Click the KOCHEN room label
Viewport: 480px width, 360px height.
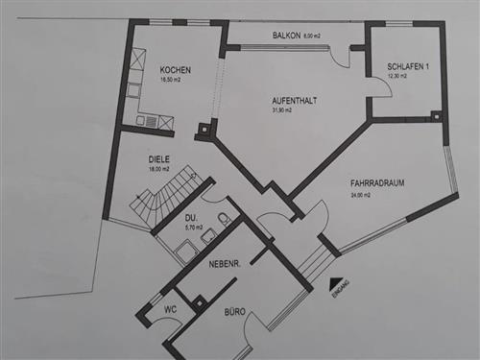click(x=176, y=70)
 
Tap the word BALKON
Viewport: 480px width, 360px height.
click(x=286, y=36)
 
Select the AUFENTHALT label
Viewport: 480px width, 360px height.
click(x=294, y=99)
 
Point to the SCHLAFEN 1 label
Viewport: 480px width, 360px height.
click(x=407, y=66)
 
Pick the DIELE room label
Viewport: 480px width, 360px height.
click(x=159, y=159)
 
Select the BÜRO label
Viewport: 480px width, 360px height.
click(x=235, y=312)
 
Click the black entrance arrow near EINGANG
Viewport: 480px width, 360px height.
click(x=335, y=283)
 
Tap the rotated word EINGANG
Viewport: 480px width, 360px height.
click(x=343, y=292)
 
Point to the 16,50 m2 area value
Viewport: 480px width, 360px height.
click(x=172, y=81)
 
